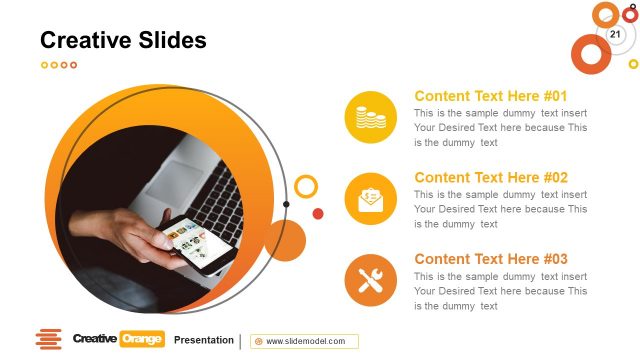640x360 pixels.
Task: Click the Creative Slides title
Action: click(x=123, y=40)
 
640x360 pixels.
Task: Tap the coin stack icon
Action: click(x=371, y=117)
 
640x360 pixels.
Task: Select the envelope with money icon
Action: click(x=371, y=198)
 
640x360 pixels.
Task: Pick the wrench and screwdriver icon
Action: click(x=371, y=280)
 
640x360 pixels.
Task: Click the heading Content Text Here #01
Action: click(x=491, y=97)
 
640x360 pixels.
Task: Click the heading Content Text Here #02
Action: click(x=491, y=178)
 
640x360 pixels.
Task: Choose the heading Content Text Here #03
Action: click(x=491, y=259)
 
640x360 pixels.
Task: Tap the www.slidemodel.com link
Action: click(x=305, y=341)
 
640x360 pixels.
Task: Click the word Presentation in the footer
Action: click(x=204, y=340)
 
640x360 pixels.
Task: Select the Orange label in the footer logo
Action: click(x=141, y=340)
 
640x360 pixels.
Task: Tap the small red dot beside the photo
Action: click(x=318, y=213)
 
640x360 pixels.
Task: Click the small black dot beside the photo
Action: click(x=287, y=204)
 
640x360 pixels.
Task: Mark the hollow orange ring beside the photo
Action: click(x=307, y=186)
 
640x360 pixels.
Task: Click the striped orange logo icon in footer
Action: click(x=48, y=340)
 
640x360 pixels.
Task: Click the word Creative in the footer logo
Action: click(x=94, y=340)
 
